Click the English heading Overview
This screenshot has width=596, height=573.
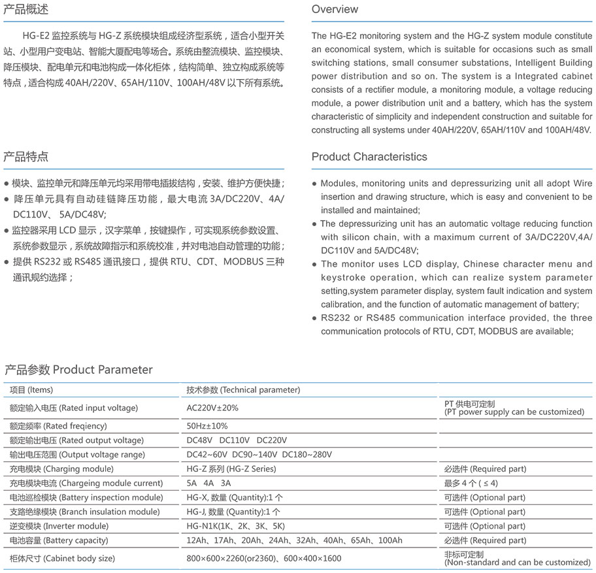point(335,9)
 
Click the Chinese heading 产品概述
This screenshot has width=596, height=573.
point(25,10)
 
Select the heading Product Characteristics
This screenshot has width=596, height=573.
point(369,157)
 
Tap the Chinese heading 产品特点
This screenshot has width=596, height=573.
point(25,157)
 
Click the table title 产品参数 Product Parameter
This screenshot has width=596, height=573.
point(78,370)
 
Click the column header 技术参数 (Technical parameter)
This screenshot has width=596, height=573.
point(243,390)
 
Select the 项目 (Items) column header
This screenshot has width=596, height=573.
point(31,390)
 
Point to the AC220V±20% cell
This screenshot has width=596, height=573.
point(212,408)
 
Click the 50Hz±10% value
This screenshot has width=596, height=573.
point(207,426)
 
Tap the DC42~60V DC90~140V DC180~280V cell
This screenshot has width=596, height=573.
point(259,455)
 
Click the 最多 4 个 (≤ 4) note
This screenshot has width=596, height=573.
point(471,483)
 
